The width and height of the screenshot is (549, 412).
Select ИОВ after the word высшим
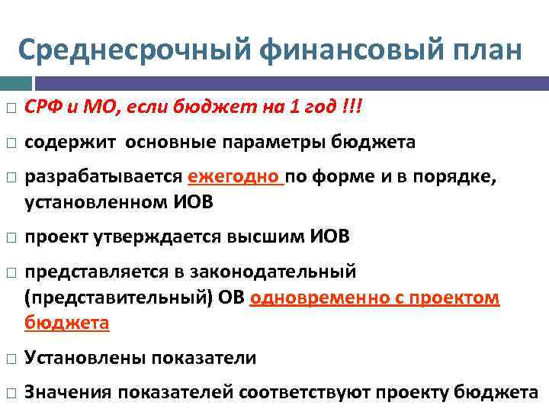[329, 237]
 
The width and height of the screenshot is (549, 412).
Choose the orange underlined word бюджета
[66, 323]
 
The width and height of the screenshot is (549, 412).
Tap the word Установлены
[85, 358]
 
